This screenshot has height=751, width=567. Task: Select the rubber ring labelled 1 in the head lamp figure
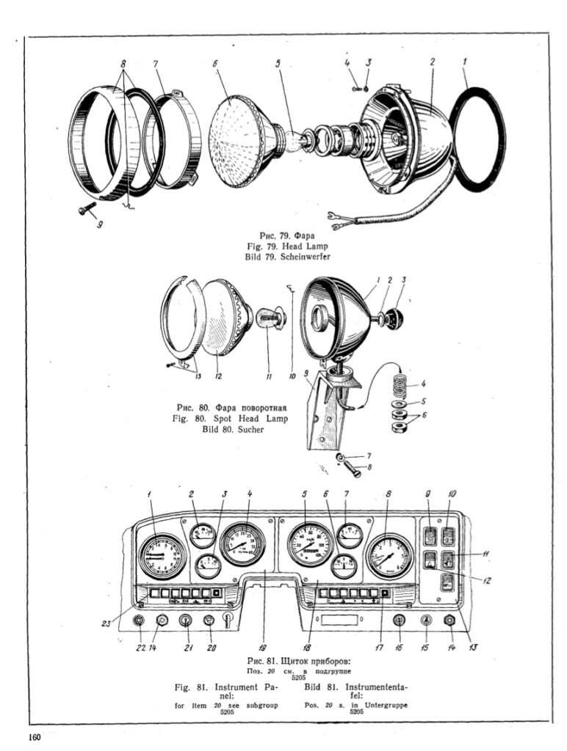pos(477,139)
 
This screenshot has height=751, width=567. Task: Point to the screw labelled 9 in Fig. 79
pos(84,210)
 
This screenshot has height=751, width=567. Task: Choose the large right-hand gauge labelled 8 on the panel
pos(390,557)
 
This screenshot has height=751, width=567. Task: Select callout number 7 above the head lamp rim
pos(156,64)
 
